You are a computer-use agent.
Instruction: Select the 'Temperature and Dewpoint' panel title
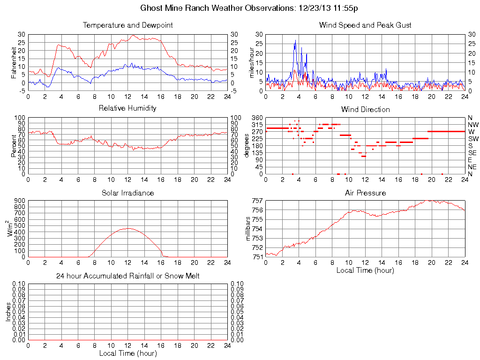click(127, 25)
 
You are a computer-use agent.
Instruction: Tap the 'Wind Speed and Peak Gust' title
click(365, 25)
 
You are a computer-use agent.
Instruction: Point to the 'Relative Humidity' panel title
click(127, 108)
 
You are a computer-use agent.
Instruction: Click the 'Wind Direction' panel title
click(365, 109)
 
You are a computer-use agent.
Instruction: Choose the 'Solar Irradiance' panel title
click(127, 193)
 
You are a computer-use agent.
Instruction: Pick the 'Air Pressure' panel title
click(365, 193)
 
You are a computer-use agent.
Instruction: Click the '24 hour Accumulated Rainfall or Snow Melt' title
click(127, 276)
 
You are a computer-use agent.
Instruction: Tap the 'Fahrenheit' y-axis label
click(14, 63)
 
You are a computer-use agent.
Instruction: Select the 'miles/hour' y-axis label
click(251, 63)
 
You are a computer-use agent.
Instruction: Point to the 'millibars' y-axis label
click(248, 229)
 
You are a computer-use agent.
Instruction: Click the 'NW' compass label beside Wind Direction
click(472, 125)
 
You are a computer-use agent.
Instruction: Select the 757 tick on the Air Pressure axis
click(257, 201)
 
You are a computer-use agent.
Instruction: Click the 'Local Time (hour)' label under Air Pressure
click(365, 270)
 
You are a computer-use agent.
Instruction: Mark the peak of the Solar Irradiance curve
click(128, 228)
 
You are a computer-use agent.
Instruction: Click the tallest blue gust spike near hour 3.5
click(295, 40)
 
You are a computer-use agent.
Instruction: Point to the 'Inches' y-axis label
click(8, 312)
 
